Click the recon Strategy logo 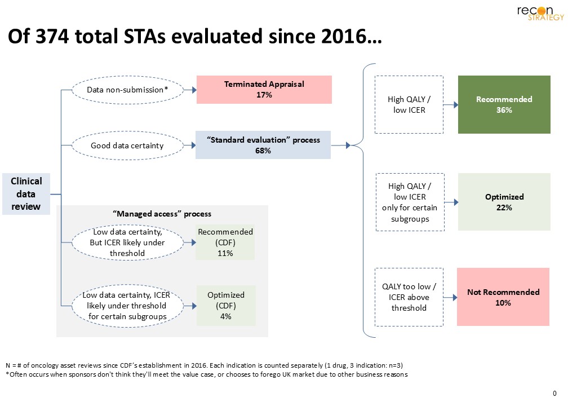coord(540,13)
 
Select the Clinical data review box coord(26,194)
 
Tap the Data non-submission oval coord(127,90)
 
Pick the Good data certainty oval coord(127,145)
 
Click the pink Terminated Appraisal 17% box coord(264,90)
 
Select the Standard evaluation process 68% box coord(263,145)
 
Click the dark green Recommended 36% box coord(504,105)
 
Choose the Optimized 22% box coord(504,202)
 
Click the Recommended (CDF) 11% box coord(225,243)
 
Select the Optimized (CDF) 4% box coord(225,306)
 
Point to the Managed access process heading coord(162,214)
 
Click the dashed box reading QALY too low coord(409,297)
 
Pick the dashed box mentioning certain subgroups coord(409,202)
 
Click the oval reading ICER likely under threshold coord(127,243)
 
